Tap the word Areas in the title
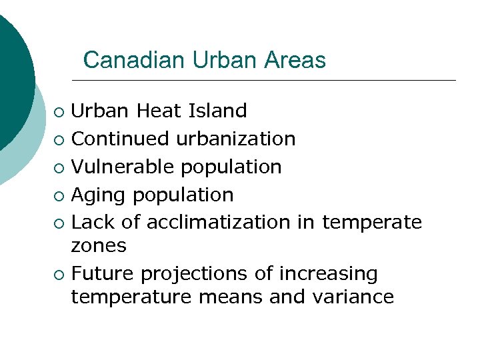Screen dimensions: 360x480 point(295,61)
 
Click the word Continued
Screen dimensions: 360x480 point(120,139)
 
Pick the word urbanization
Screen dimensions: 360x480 point(236,139)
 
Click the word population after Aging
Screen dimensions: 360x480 point(183,195)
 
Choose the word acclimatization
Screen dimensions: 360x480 point(219,223)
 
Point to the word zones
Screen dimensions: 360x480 point(99,246)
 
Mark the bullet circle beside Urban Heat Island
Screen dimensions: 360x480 point(59,111)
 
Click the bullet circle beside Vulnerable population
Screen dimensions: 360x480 point(59,167)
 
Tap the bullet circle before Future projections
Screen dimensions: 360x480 point(59,274)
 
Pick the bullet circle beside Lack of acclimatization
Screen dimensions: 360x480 point(59,223)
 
